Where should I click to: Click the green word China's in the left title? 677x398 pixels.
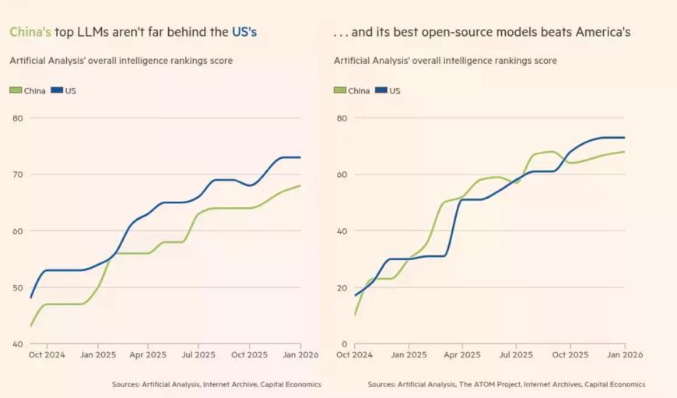tap(30, 33)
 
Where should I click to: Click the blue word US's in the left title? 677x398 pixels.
tap(244, 33)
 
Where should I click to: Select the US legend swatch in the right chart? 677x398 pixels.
tap(381, 90)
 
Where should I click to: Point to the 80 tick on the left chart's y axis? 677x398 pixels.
tap(17, 118)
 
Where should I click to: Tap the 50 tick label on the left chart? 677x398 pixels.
tap(17, 287)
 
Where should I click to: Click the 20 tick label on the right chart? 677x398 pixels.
tap(340, 287)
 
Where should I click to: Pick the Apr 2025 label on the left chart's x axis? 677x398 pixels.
tap(148, 355)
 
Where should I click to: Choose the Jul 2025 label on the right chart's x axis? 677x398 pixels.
tap(516, 355)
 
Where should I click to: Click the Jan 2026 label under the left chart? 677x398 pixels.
tap(300, 355)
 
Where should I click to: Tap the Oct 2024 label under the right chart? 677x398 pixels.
tap(355, 355)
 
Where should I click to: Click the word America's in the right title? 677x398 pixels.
tap(598, 33)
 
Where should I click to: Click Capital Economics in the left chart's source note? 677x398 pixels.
tap(289, 384)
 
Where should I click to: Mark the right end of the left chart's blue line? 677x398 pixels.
tap(300, 157)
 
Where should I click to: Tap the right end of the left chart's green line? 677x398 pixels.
tap(300, 185)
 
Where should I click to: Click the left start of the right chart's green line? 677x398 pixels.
tap(355, 315)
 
